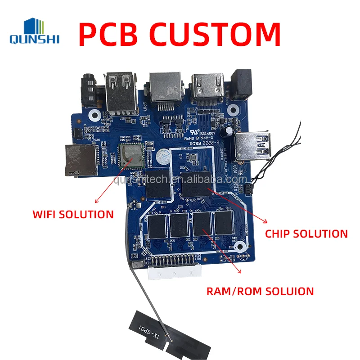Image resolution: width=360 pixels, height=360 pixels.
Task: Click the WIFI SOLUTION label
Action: [73, 214]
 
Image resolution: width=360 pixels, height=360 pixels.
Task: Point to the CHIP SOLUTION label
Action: [306, 234]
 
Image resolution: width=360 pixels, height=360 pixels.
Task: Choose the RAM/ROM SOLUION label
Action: [260, 291]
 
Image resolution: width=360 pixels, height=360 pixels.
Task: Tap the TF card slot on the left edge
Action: [81, 158]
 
